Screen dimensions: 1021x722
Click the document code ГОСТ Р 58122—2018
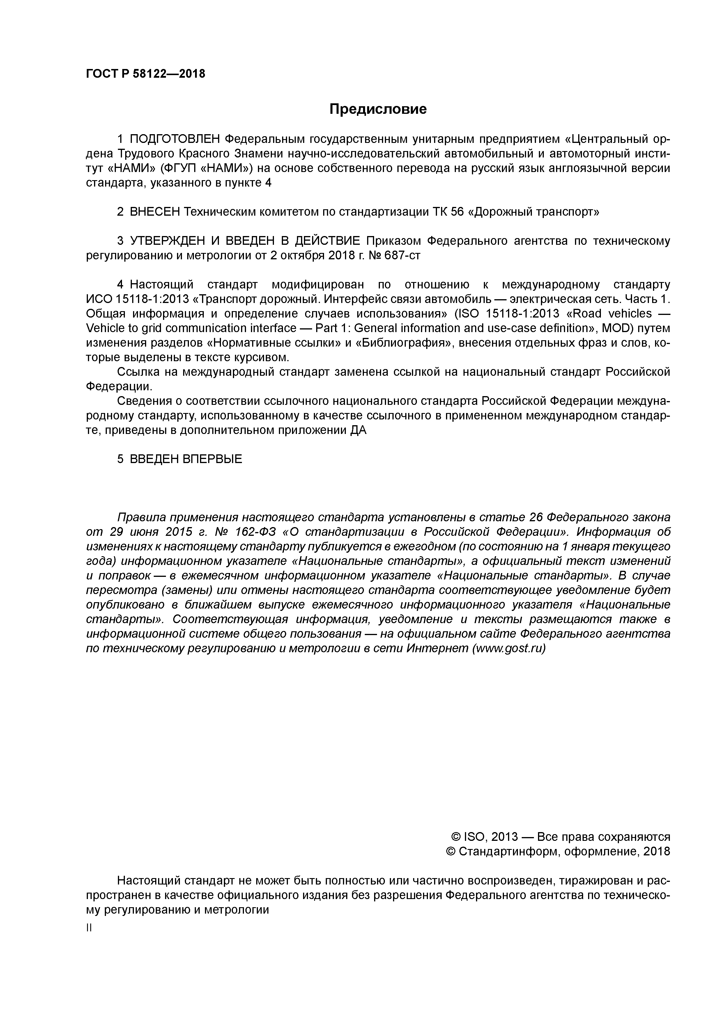[x=146, y=74]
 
